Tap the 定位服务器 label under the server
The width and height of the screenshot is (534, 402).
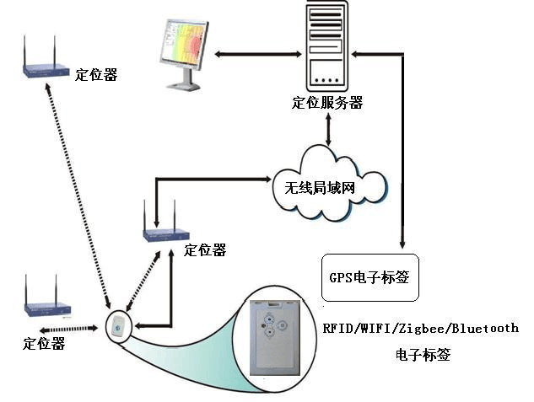[327, 104]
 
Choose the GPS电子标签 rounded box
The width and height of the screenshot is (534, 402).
[370, 277]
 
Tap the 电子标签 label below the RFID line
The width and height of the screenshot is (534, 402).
[423, 355]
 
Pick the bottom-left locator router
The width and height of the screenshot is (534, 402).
[46, 307]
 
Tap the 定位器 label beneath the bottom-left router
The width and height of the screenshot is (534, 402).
[44, 343]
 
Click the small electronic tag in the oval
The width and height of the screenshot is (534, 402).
[118, 325]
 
